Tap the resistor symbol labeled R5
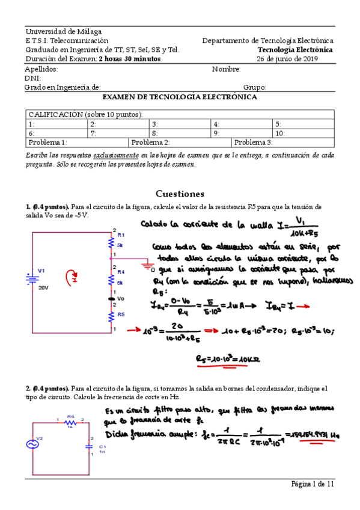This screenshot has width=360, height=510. click(111, 315)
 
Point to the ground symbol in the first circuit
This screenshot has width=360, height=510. click(145, 263)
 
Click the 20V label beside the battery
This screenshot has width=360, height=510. click(43, 288)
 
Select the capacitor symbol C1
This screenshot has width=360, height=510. click(90, 446)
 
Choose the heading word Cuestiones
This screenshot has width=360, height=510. click(180, 194)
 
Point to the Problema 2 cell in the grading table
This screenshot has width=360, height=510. click(151, 143)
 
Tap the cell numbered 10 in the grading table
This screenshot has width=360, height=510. click(280, 134)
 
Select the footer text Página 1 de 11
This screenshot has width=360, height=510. click(313, 484)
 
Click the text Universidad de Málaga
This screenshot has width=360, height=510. click(63, 31)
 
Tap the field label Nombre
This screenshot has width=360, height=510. click(226, 69)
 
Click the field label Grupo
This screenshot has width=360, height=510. click(254, 87)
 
